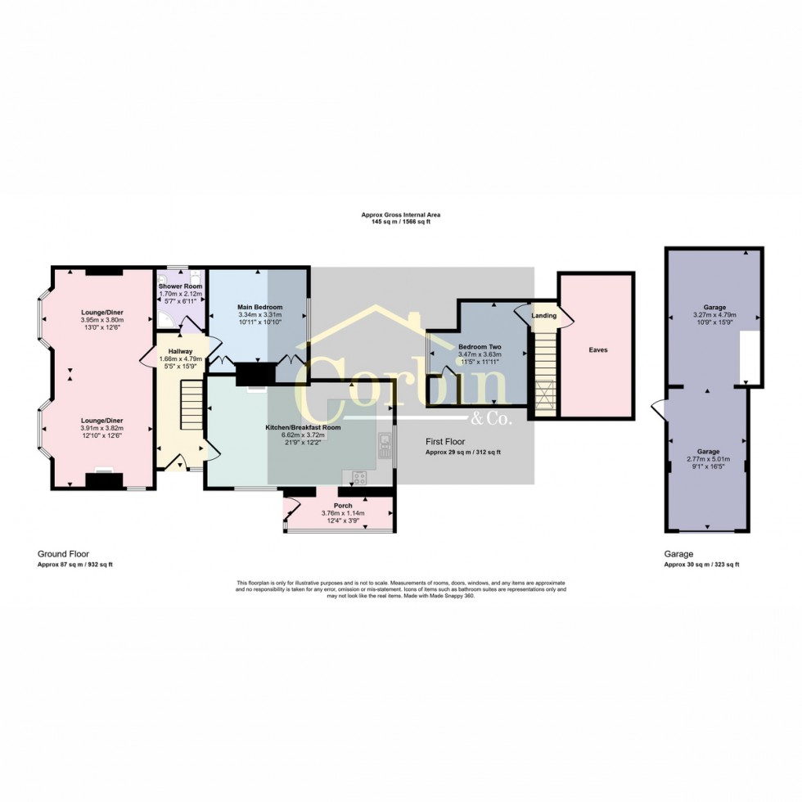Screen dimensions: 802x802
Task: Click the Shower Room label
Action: tap(180, 286)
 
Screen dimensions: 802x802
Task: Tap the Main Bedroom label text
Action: tap(259, 307)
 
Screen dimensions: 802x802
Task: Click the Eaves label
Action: tap(597, 349)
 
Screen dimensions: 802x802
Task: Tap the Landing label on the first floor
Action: tap(543, 315)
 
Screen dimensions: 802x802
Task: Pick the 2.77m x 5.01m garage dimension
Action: tap(708, 459)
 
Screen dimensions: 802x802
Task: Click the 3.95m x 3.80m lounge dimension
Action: tap(102, 320)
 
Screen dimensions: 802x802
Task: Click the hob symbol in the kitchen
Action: tap(358, 477)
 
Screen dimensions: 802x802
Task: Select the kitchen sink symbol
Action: tap(384, 446)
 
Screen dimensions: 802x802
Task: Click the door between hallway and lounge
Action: tap(147, 357)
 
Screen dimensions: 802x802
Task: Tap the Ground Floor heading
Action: tap(59, 554)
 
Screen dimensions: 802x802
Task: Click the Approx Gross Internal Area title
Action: tap(401, 214)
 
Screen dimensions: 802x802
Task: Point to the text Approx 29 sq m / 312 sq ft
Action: tap(462, 453)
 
